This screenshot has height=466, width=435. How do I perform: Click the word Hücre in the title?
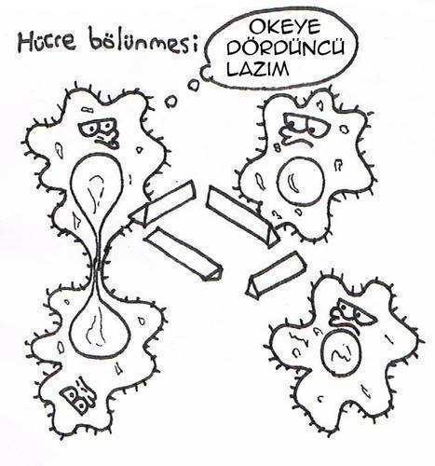(48, 42)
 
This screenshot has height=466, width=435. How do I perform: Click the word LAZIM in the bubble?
(258, 68)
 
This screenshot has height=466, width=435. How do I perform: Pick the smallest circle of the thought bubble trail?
(170, 101)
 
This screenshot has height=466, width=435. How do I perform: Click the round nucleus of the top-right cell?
(301, 182)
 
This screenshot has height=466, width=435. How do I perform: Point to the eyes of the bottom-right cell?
(355, 311)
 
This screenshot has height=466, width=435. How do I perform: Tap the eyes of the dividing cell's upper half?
(98, 128)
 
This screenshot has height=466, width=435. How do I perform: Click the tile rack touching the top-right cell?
(243, 216)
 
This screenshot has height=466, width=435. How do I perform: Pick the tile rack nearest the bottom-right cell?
(277, 275)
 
